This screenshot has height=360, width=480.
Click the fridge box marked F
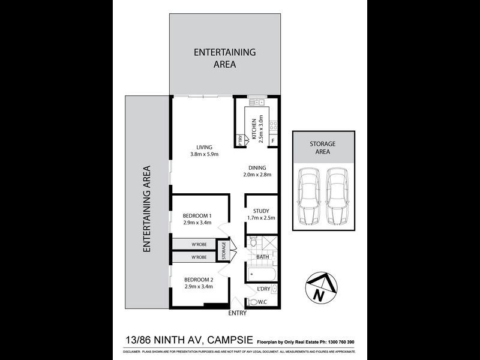273,141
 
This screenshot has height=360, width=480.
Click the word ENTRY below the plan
238,313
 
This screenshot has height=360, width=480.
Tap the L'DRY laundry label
264,289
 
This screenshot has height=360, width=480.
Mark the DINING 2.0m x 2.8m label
258,172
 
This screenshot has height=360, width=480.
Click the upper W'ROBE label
199,244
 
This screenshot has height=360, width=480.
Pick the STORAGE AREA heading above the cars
322,148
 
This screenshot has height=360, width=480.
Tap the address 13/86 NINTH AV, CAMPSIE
188,340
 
